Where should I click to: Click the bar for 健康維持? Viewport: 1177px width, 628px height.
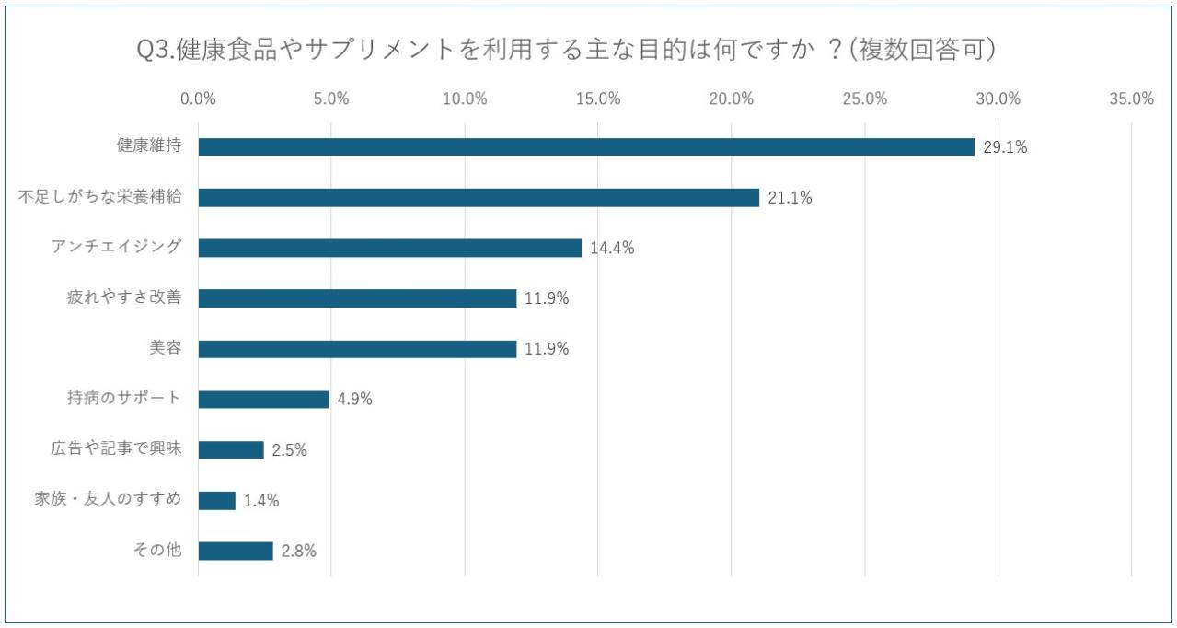pos(586,147)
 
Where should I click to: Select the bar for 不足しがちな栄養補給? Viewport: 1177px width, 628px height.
pos(479,197)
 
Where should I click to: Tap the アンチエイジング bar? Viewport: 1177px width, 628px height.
pos(389,248)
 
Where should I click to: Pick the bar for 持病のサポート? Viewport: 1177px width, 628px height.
pos(263,400)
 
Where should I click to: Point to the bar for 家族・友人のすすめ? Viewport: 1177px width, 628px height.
pos(216,501)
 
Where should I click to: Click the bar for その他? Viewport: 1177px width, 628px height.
pos(236,551)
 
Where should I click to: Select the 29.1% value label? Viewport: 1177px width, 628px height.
pos(1005,147)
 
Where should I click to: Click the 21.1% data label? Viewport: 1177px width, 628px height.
pos(790,197)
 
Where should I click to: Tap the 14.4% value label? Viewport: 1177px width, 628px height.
pos(612,248)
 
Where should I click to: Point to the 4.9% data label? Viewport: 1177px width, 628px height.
pos(354,400)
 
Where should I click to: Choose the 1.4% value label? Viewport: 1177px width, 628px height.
pos(261,501)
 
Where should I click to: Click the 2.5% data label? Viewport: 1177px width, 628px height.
pos(289,450)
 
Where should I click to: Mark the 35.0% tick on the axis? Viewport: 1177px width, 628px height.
pos(1131,99)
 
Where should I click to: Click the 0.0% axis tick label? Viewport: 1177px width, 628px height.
pos(198,99)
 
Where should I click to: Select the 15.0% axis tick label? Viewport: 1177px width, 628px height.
pos(598,99)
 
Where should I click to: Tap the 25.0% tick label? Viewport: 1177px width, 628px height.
pos(865,99)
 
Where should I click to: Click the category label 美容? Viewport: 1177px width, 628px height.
pos(165,348)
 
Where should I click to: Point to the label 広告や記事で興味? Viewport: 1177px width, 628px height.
pos(116,449)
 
